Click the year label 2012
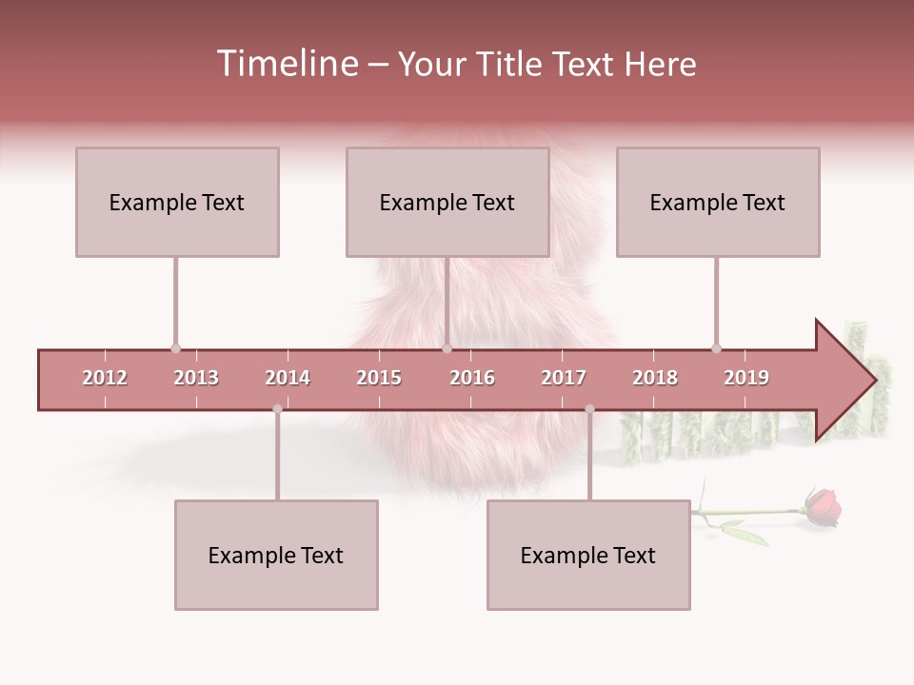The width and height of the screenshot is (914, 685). (x=105, y=378)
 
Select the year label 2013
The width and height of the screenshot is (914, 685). (x=196, y=378)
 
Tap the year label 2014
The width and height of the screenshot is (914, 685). (x=288, y=378)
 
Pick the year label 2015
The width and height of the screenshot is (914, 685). (x=379, y=378)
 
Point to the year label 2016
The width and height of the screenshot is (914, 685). (x=472, y=378)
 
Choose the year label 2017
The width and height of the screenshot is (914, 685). (x=564, y=378)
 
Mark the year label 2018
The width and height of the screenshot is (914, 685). (x=655, y=378)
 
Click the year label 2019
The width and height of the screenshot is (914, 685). (x=746, y=378)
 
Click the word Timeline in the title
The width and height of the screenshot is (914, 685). (x=286, y=64)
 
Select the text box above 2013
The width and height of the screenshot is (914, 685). (x=177, y=202)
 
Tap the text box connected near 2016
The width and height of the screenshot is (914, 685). (x=447, y=202)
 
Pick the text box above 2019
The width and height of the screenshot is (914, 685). (x=718, y=202)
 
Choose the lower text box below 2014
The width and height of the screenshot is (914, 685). (x=276, y=555)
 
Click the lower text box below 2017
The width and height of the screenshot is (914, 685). (x=588, y=555)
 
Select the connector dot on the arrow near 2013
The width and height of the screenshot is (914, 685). (x=175, y=349)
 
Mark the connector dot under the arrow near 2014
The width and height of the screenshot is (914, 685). (x=277, y=409)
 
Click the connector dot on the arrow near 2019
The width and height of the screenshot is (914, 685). (x=716, y=349)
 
